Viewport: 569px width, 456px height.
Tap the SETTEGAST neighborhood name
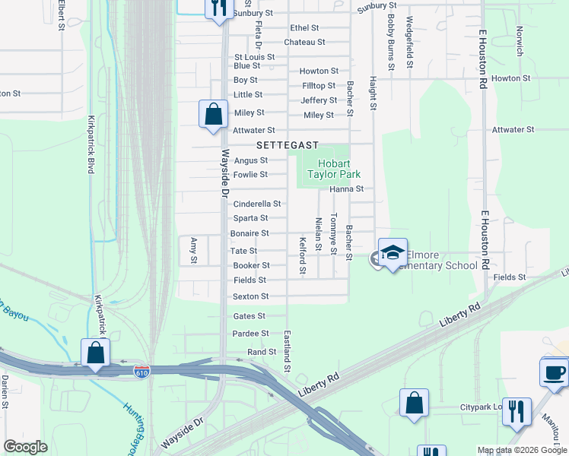[286, 144]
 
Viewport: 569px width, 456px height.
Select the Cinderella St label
[257, 204]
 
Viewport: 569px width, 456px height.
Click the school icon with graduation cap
[393, 254]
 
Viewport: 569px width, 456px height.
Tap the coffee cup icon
[554, 372]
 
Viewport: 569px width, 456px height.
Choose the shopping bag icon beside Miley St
[214, 114]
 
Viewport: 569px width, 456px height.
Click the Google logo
[25, 447]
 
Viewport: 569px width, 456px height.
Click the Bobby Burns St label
[390, 42]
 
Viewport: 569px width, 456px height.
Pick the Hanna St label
[347, 188]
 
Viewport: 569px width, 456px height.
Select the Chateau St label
[304, 43]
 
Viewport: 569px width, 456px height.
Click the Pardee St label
[251, 334]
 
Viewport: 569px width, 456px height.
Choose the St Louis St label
[254, 57]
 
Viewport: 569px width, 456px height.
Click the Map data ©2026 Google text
[521, 450]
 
